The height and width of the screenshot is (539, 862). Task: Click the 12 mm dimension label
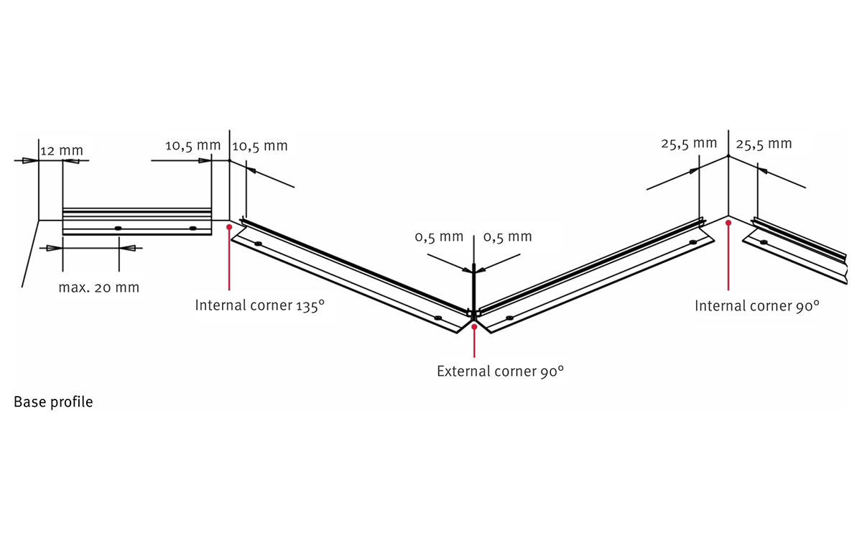tap(62, 150)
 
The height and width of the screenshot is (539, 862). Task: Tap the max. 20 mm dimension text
tap(99, 287)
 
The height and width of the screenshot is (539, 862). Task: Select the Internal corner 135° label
tap(260, 305)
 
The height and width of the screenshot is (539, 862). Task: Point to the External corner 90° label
tap(500, 371)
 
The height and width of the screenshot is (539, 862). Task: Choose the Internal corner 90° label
tap(757, 305)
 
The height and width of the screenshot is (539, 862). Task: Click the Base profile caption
tap(53, 402)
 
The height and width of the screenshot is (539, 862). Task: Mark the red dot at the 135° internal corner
tap(229, 227)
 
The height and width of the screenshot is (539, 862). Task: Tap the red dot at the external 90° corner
tap(475, 326)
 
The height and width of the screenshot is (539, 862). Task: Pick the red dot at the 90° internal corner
tap(728, 223)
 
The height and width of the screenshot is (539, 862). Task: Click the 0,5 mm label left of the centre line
tap(439, 236)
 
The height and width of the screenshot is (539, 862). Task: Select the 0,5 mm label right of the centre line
tap(508, 236)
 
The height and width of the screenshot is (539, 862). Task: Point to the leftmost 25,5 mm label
tap(689, 144)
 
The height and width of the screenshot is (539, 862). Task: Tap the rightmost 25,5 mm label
tap(764, 144)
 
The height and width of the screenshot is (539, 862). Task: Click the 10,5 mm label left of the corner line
tap(193, 145)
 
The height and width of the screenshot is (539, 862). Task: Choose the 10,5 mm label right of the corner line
tap(260, 146)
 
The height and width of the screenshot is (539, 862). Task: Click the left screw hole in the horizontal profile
tap(118, 229)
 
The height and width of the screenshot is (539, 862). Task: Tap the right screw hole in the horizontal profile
tap(193, 229)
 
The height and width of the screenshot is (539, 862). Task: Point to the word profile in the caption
tap(72, 402)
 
